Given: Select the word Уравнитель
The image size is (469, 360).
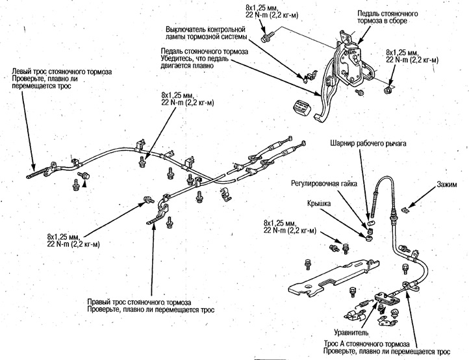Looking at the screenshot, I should coord(352,331).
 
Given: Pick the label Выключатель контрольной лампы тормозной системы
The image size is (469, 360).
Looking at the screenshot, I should coord(205,34).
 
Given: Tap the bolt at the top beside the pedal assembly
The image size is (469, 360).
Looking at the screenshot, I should coord(266,36).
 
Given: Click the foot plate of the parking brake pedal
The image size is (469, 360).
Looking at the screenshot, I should coord(323,116).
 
